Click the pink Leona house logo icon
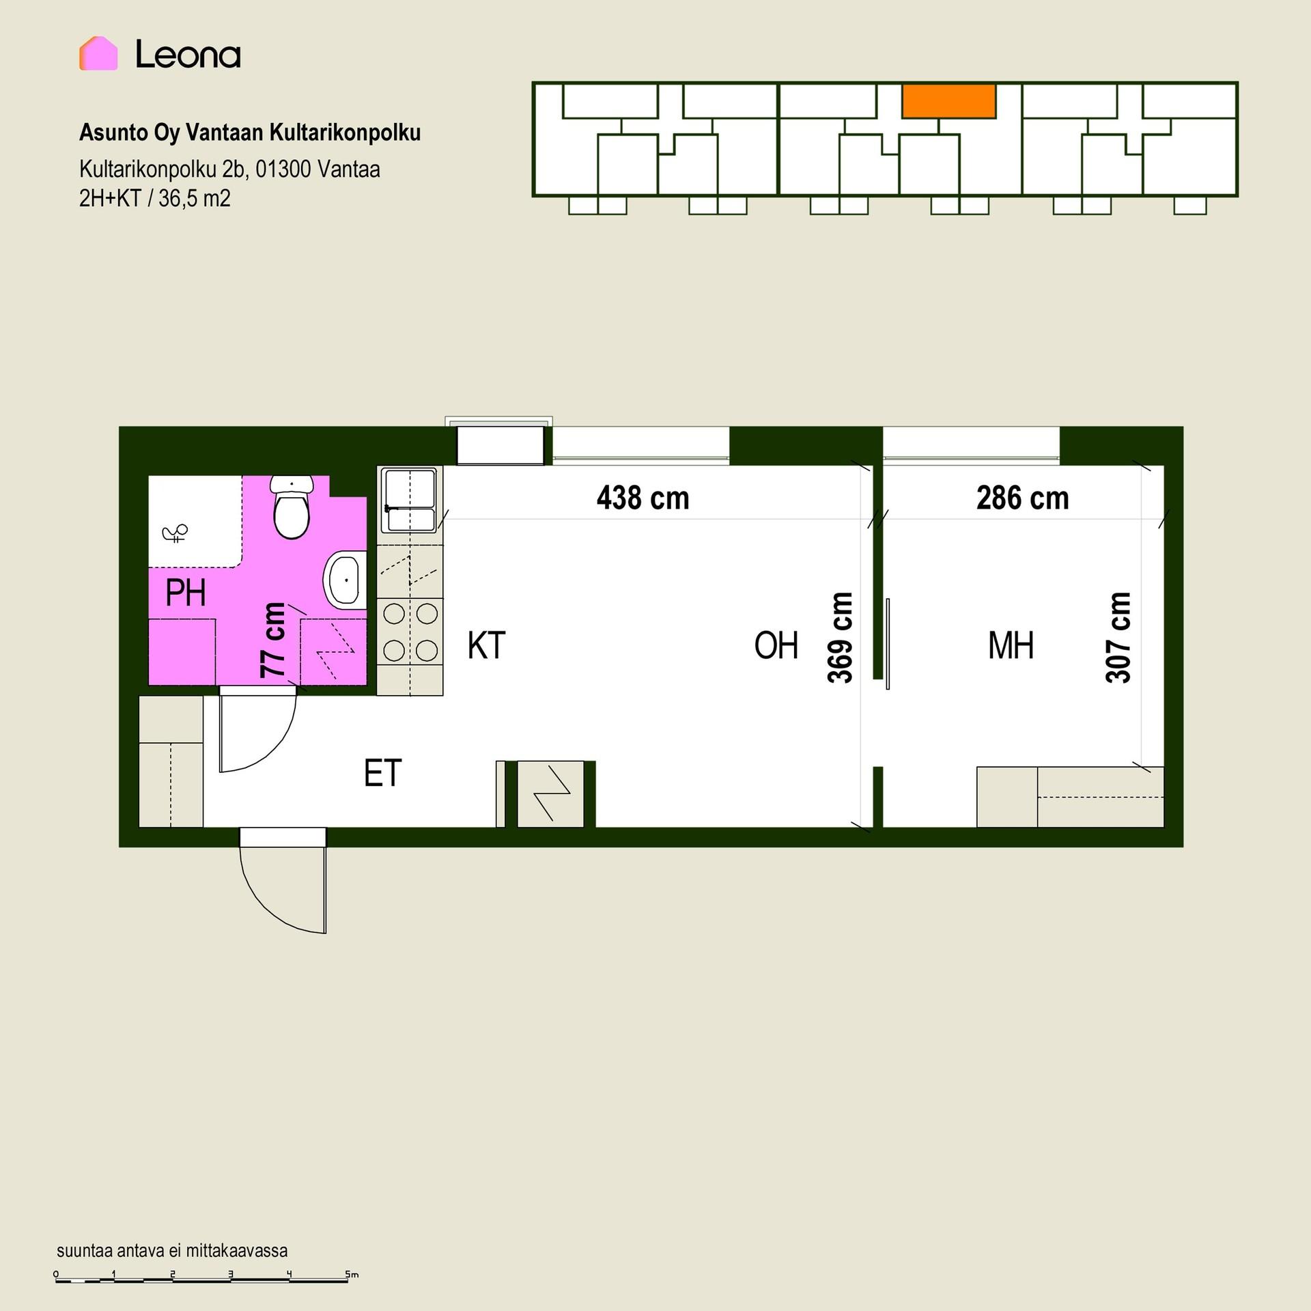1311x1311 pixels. [98, 53]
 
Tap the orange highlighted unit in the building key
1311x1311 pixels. [948, 101]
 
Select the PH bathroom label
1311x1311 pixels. [185, 593]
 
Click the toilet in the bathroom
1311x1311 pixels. [292, 507]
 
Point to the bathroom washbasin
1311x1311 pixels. [345, 580]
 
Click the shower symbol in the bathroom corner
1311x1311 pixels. [175, 533]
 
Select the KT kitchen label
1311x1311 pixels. [486, 645]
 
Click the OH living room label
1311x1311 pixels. [776, 645]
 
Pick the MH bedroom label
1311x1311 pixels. [1011, 645]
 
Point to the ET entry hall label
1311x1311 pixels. [382, 773]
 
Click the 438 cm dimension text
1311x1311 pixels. [643, 498]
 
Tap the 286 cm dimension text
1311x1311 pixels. [1022, 498]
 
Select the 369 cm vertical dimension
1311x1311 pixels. [840, 638]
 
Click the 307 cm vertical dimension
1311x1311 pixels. [1118, 638]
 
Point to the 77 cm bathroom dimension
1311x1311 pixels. [273, 640]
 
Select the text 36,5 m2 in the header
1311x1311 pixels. [195, 199]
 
